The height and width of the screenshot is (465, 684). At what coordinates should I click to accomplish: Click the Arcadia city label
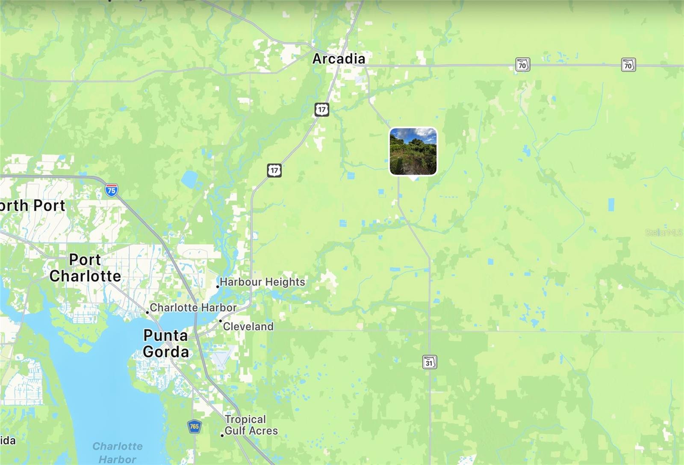(x=339, y=59)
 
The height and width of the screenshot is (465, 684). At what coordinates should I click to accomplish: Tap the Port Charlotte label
(x=85, y=268)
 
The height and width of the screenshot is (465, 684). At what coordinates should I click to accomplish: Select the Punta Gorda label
(x=166, y=343)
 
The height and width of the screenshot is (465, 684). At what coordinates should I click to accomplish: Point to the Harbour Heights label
(x=262, y=282)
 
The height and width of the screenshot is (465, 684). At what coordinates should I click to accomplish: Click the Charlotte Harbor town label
(x=193, y=307)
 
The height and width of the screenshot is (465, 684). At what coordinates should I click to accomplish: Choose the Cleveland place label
(x=248, y=327)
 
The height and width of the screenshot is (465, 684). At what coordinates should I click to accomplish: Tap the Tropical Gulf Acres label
(x=251, y=425)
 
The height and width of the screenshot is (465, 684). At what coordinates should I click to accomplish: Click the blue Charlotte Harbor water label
(x=118, y=452)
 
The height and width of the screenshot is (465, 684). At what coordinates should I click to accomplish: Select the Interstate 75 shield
(x=112, y=190)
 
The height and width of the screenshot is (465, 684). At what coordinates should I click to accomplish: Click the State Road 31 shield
(x=429, y=362)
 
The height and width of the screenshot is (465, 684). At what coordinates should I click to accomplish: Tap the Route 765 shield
(x=194, y=426)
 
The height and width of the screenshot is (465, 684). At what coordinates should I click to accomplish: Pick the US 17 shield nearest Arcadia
(x=321, y=110)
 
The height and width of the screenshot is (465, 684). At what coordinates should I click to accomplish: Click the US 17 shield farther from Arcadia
(x=274, y=170)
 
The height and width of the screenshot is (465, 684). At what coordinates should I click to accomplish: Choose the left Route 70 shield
(x=522, y=65)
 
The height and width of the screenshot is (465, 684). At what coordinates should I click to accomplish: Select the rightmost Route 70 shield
(x=628, y=65)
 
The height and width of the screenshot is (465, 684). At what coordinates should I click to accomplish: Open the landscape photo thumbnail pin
(x=413, y=152)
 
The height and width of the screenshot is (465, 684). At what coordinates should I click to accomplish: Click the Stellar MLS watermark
(x=663, y=233)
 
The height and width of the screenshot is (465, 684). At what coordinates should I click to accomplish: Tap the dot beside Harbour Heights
(x=218, y=287)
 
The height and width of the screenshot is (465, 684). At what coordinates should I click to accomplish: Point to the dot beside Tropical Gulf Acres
(x=222, y=435)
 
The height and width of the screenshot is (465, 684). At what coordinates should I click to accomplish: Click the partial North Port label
(x=32, y=205)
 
